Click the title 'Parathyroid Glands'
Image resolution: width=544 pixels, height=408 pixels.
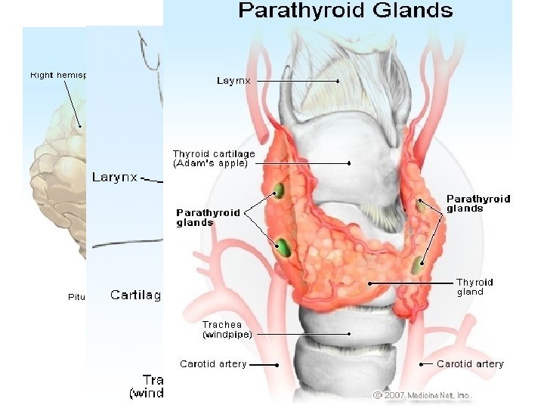346,11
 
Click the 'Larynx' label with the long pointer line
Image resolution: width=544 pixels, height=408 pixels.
234,80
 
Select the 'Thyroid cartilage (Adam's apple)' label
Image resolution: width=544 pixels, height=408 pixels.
214,158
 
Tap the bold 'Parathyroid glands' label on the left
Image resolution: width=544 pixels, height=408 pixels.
208,218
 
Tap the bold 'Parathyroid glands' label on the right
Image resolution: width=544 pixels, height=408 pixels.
478,203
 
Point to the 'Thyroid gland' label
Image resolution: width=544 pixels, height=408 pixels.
471,287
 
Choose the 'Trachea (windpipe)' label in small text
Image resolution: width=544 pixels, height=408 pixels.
227,329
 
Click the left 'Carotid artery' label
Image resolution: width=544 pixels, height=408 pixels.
213,364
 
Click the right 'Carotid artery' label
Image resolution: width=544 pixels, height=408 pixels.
470,364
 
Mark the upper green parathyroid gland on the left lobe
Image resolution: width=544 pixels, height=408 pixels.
277,190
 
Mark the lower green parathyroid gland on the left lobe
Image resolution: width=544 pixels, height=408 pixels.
283,246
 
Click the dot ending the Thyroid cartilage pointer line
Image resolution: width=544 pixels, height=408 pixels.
349,163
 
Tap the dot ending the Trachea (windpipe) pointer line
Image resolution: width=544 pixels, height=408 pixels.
349,333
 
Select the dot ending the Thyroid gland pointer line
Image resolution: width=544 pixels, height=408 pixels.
369,283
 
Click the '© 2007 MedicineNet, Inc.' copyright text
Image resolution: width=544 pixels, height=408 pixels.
423,395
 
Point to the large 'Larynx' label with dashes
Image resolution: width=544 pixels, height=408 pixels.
116,178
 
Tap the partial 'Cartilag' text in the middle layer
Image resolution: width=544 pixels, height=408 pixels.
136,295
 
